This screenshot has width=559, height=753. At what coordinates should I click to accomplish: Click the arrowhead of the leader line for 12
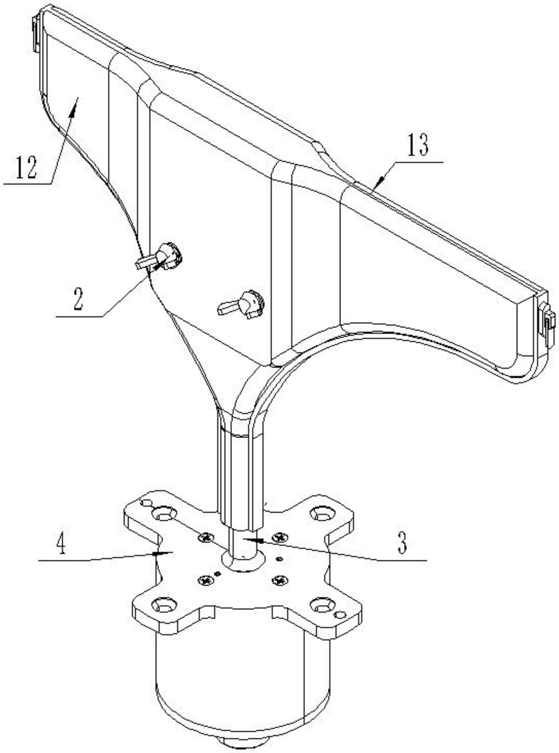[75, 101]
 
